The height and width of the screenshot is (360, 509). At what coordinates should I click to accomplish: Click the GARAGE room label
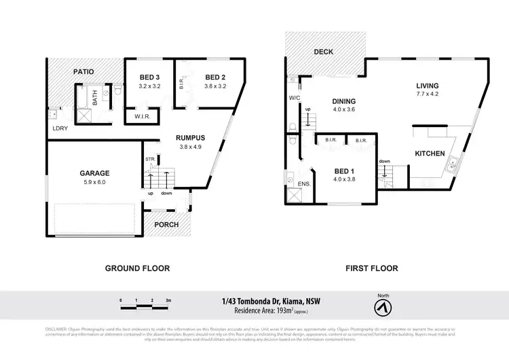pyautogui.click(x=94, y=173)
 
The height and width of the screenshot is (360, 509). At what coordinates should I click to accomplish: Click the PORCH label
pyautogui.click(x=166, y=225)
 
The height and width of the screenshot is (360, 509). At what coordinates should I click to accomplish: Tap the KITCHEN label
pyautogui.click(x=430, y=154)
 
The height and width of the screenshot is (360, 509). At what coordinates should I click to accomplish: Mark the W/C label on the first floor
pyautogui.click(x=295, y=98)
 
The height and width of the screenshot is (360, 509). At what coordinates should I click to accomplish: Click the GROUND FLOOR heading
pyautogui.click(x=137, y=268)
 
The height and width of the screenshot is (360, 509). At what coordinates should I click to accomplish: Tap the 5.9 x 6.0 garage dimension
pyautogui.click(x=94, y=181)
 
